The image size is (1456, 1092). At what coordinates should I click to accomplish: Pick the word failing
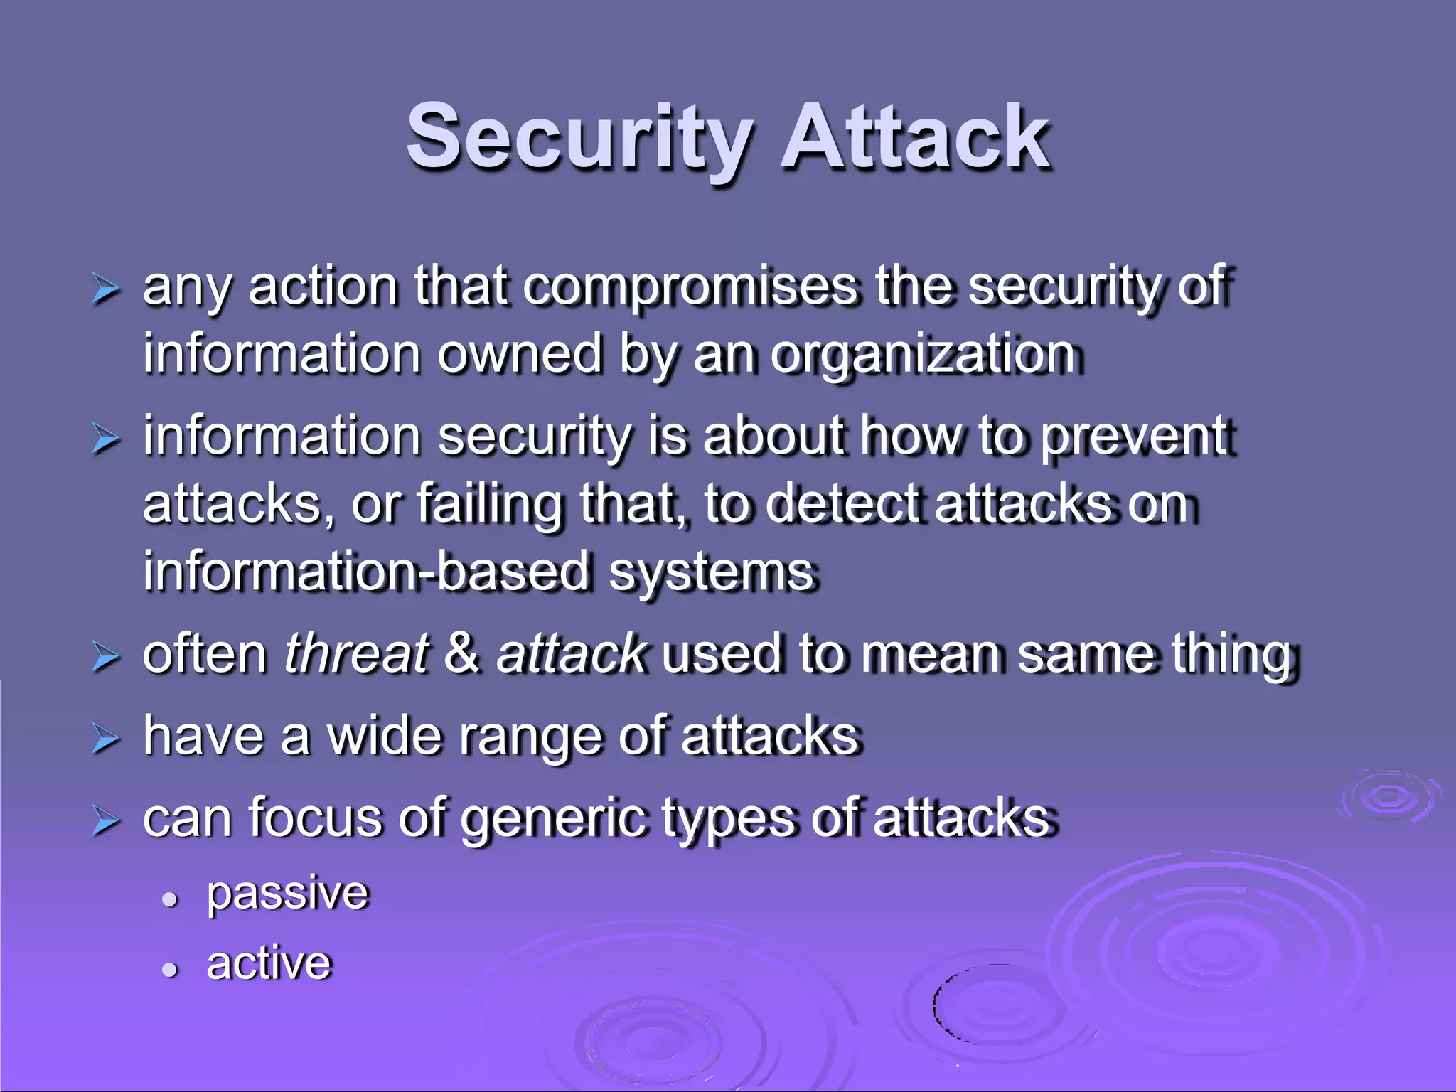pos(489,505)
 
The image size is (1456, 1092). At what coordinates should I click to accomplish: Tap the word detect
pos(846,503)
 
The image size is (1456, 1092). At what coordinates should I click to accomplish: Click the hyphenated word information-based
pos(366,572)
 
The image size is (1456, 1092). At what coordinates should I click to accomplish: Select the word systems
pos(711,573)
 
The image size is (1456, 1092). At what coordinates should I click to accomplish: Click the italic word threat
pos(355,654)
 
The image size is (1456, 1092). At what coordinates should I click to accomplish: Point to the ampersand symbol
pos(462,654)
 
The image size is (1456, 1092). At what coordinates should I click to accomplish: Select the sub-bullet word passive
pos(288,893)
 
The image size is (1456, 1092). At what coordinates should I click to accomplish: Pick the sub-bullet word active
pos(269,963)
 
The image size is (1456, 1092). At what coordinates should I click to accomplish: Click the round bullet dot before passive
pos(169,900)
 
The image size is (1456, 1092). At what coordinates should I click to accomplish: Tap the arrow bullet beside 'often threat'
pos(105,657)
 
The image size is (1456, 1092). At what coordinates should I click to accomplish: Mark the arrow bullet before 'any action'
pos(105,290)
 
